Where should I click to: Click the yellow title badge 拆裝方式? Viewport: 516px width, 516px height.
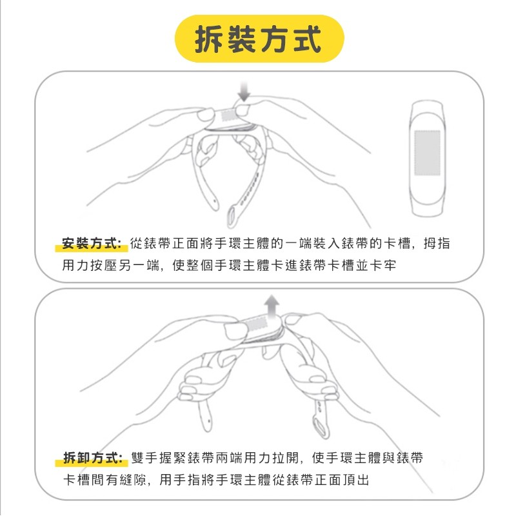point(259,39)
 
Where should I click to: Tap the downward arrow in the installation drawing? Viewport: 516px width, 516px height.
point(244,92)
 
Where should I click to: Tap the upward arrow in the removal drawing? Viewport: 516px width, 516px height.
point(272,306)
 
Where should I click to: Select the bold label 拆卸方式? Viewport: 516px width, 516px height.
point(92,457)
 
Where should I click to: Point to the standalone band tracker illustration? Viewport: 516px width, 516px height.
point(427,158)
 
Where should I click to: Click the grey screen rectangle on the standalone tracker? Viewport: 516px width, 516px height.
point(427,152)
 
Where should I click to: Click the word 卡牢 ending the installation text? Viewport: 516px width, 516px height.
point(382,265)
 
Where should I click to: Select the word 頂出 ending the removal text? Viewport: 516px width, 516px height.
point(356,479)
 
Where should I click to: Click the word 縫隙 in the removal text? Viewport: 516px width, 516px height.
point(133,479)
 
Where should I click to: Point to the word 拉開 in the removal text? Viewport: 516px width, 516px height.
point(285,457)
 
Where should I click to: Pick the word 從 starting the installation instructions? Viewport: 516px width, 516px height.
point(136,244)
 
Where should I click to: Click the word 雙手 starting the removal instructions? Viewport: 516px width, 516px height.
point(144,457)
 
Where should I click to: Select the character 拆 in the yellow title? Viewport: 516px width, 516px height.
point(208,39)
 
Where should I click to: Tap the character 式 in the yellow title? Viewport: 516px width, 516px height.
point(307,39)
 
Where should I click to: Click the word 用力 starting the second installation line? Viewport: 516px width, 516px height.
point(75,265)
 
